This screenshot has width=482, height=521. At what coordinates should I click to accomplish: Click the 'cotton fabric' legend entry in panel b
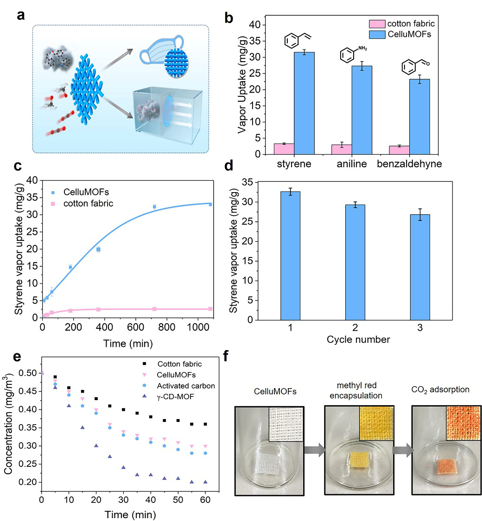pos(410,23)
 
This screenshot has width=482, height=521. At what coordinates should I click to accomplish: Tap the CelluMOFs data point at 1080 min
pos(210,204)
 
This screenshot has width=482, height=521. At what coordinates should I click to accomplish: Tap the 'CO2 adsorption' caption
pos(440,390)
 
